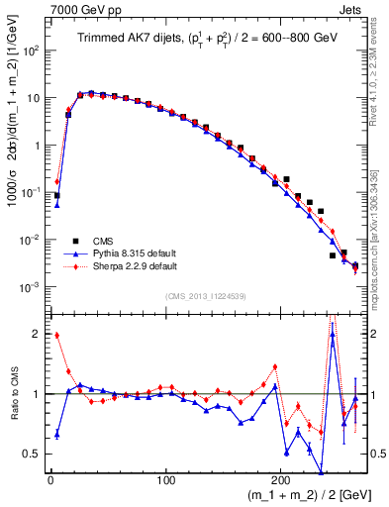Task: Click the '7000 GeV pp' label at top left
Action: click(79, 9)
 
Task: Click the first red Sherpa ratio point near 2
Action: click(57, 335)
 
